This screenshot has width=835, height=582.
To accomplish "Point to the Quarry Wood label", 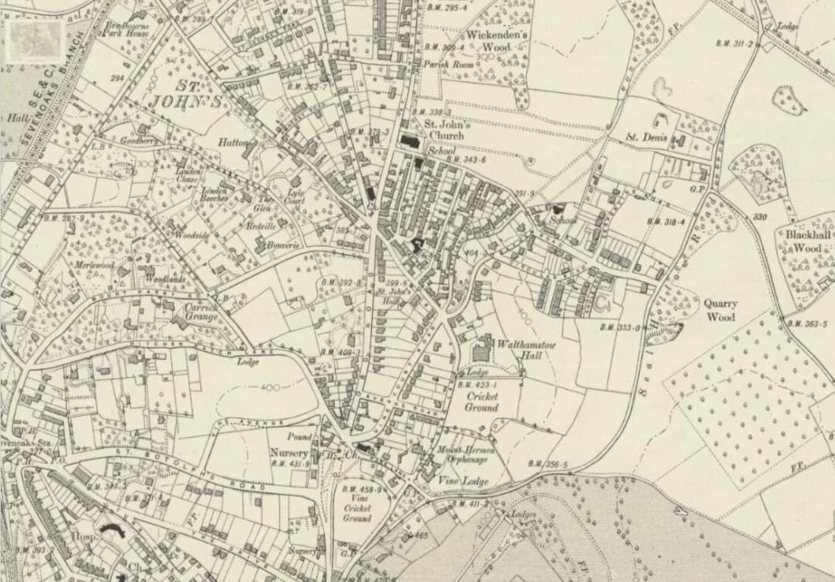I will pyautogui.click(x=720, y=310).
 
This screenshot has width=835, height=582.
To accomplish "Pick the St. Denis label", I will pyautogui.click(x=646, y=137).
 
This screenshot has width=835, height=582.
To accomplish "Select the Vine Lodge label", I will pyautogui.click(x=464, y=481).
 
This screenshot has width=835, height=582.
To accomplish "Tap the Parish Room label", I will pyautogui.click(x=448, y=64).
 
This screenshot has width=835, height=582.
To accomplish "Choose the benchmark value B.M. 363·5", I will pyautogui.click(x=806, y=324).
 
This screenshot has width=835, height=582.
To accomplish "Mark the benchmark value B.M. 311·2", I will pyautogui.click(x=734, y=44).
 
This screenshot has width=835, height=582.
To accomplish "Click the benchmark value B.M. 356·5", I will pyautogui.click(x=548, y=464).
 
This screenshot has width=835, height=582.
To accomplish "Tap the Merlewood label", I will pyautogui.click(x=94, y=265).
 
